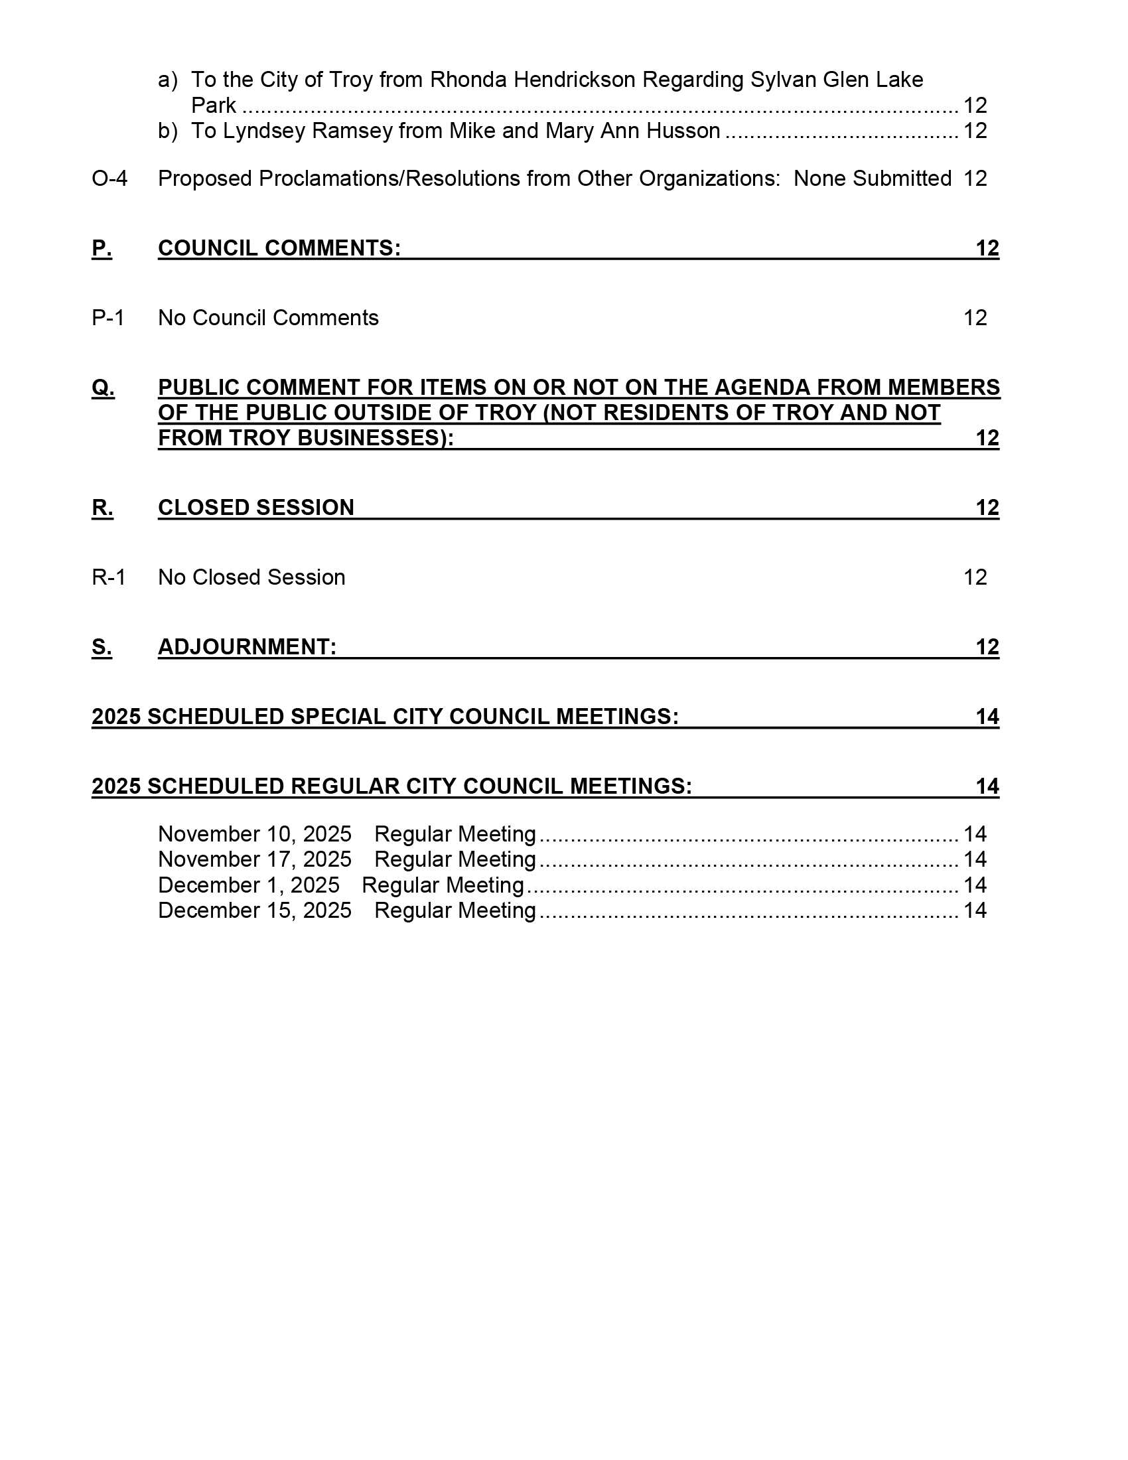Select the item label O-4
pyautogui.click(x=109, y=179)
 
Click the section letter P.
pyautogui.click(x=102, y=249)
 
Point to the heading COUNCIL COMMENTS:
pyautogui.click(x=279, y=249)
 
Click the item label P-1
pyautogui.click(x=108, y=318)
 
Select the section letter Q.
pyautogui.click(x=103, y=388)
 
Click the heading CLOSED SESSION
pyautogui.click(x=256, y=508)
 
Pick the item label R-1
pyautogui.click(x=109, y=577)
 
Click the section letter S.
pyautogui.click(x=102, y=647)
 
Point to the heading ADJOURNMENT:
pyautogui.click(x=247, y=647)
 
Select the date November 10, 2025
pyautogui.click(x=255, y=834)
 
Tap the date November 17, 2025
pyautogui.click(x=255, y=859)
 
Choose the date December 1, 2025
pyautogui.click(x=249, y=885)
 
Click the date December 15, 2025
pyautogui.click(x=255, y=911)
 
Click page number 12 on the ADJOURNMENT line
pyautogui.click(x=987, y=647)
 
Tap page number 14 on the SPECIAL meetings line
pyautogui.click(x=987, y=717)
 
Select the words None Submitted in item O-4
pyautogui.click(x=872, y=179)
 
